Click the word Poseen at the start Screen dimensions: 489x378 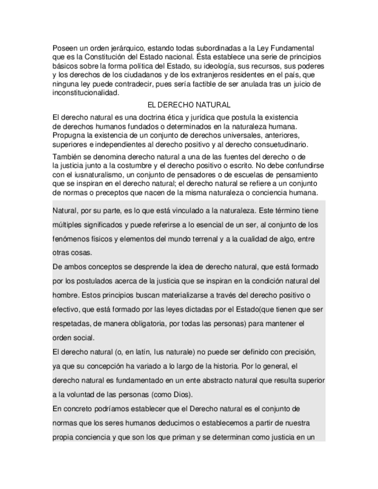[x=64, y=47]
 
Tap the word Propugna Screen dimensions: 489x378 [x=68, y=134]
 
